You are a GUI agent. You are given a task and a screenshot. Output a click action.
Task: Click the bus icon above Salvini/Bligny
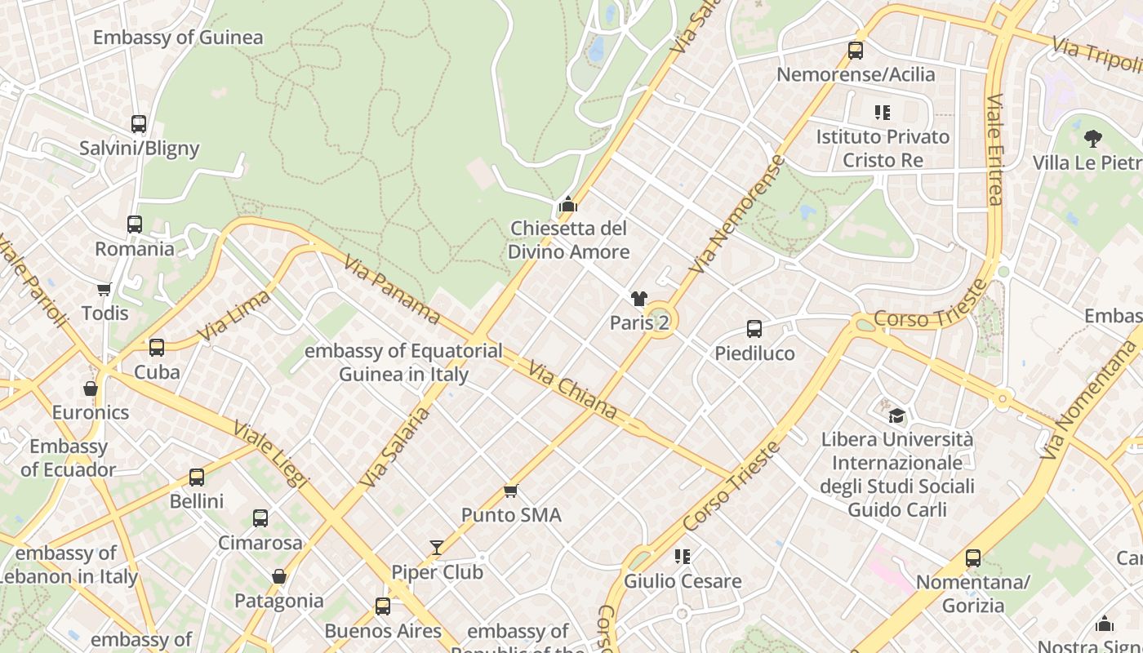(139, 124)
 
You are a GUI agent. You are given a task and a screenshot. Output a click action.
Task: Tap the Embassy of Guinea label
(178, 38)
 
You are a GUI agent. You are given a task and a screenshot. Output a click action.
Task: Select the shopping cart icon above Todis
(104, 289)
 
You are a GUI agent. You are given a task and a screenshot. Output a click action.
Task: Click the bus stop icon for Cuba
(157, 348)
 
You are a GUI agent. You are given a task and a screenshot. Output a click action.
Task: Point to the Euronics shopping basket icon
(91, 389)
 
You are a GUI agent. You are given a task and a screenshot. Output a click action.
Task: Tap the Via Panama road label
(391, 290)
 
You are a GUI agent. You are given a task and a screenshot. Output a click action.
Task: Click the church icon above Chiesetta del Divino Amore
(567, 204)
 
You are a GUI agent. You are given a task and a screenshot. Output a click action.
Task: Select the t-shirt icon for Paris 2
(638, 299)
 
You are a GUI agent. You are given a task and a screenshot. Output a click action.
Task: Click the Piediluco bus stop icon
(754, 329)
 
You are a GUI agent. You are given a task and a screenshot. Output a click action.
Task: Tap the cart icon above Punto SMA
(511, 491)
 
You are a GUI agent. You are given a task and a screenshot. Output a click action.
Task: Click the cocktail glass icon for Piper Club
(437, 548)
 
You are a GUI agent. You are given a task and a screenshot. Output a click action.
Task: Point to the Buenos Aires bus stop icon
(383, 606)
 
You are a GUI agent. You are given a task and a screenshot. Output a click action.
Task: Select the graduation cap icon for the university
(896, 415)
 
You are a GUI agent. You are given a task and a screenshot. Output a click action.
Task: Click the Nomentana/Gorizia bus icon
(973, 558)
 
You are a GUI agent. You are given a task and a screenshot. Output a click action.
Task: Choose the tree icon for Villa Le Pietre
(1092, 138)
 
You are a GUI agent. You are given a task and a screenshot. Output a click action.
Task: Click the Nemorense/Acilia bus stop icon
(856, 51)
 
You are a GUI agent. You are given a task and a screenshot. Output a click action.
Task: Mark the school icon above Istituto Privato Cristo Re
(883, 112)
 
